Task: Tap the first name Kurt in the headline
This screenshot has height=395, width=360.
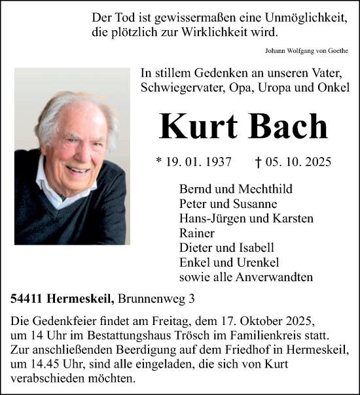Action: point(199,126)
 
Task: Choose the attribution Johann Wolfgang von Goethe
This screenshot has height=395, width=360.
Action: point(307,50)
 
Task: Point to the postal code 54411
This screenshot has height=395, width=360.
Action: point(26,299)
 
